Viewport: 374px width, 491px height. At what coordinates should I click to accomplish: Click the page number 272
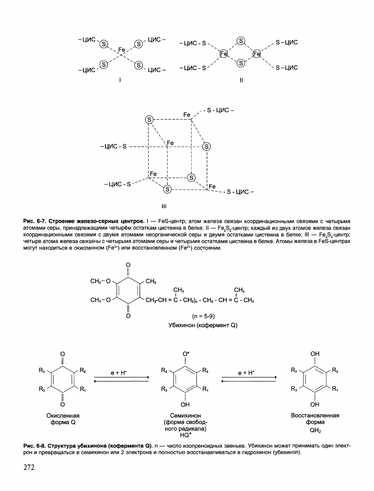[29, 467]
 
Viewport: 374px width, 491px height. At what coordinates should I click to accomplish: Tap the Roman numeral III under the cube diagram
[164, 206]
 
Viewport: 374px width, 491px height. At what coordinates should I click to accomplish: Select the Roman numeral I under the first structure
[120, 80]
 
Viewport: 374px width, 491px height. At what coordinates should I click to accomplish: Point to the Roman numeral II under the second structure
[241, 80]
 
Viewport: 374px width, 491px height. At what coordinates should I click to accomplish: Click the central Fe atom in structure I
[122, 50]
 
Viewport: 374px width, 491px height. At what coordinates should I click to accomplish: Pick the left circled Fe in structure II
[223, 54]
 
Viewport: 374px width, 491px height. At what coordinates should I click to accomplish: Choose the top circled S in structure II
[241, 41]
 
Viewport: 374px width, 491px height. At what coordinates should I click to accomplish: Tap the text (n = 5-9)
[203, 316]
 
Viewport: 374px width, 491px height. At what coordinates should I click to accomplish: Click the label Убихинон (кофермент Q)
[203, 325]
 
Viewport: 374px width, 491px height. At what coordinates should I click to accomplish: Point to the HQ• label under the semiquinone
[186, 435]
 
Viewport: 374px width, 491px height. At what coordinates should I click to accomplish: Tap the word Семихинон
[185, 415]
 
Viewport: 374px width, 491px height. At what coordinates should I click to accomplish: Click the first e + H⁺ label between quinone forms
[119, 373]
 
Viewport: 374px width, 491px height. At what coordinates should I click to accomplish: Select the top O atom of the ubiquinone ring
[128, 265]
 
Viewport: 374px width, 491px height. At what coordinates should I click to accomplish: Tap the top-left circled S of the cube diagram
[149, 119]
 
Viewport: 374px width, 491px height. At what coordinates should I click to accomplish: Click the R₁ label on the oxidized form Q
[83, 389]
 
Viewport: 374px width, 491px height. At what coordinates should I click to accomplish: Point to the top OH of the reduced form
[315, 354]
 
